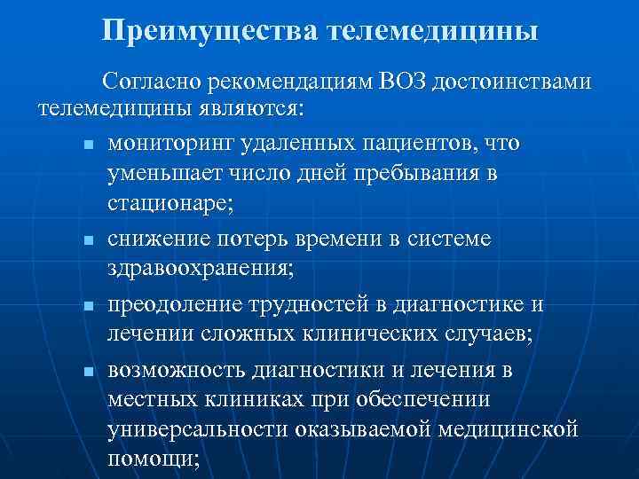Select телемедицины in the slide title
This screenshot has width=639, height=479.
coord(433,30)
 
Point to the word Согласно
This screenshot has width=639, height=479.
coord(152,82)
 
